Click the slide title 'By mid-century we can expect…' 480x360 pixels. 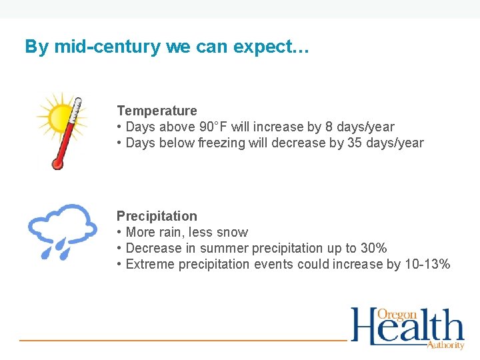click(x=167, y=47)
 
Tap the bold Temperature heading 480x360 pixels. click(x=157, y=111)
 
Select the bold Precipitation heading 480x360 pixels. click(x=157, y=216)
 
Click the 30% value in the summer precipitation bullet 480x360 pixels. click(x=373, y=248)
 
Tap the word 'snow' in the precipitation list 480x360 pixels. click(x=233, y=232)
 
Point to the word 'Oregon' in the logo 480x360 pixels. click(x=397, y=315)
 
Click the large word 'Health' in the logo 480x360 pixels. click(x=407, y=329)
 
